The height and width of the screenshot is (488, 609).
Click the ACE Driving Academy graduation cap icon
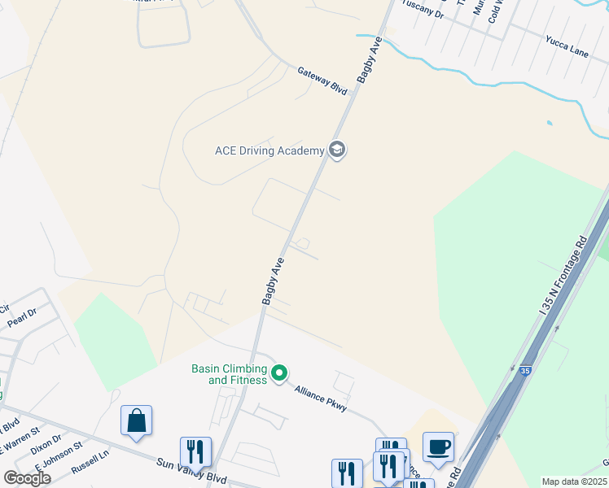coord(337,150)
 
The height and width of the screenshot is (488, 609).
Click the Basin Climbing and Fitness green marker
coord(279,374)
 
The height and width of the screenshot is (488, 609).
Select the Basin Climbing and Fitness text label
coord(229,374)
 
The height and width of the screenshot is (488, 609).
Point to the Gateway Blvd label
coord(322,81)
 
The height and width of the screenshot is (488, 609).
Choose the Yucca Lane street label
coord(567,51)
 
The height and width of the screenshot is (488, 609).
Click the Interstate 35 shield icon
coord(526,370)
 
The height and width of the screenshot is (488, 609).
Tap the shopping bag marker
coord(137,421)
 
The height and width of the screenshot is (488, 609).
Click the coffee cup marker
coord(438,447)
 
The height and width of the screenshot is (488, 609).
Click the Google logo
coord(27,477)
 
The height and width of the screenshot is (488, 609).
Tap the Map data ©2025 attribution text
coord(574,481)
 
